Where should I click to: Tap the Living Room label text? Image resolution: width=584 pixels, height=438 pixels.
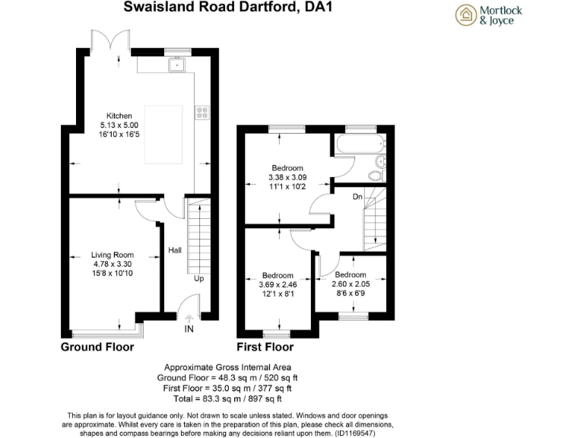(113, 255)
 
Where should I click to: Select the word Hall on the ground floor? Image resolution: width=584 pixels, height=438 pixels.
(174, 249)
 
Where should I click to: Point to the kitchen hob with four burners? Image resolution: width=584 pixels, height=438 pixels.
(202, 112)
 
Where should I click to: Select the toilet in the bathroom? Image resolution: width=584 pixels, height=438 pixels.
(374, 175)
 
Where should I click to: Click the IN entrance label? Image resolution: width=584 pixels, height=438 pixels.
(189, 329)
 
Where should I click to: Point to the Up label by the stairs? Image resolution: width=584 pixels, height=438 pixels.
(199, 278)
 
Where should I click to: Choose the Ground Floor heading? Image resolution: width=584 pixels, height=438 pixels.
(97, 347)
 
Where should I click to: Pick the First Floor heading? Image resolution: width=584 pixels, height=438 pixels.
(265, 347)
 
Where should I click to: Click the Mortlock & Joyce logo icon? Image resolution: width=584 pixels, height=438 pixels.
(465, 15)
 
